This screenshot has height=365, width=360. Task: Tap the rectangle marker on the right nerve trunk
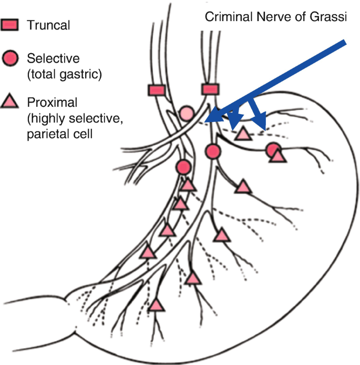210,89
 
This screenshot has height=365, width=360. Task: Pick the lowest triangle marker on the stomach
156,305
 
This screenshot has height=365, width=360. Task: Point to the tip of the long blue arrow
205,121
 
